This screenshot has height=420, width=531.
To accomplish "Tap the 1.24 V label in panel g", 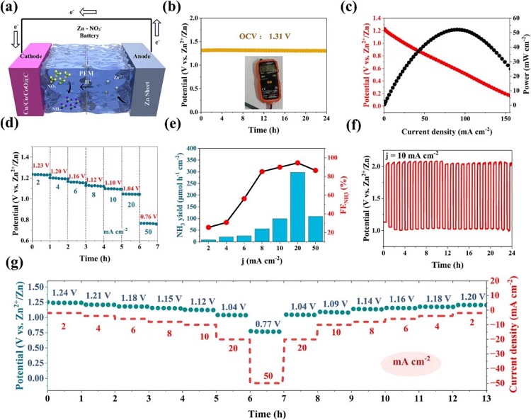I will [x=65, y=293].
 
